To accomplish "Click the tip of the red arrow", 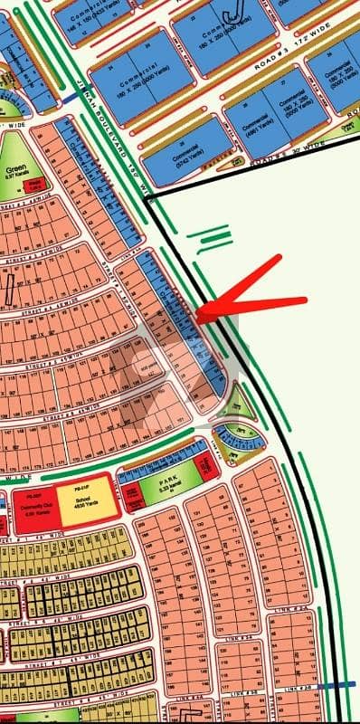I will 200,316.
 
